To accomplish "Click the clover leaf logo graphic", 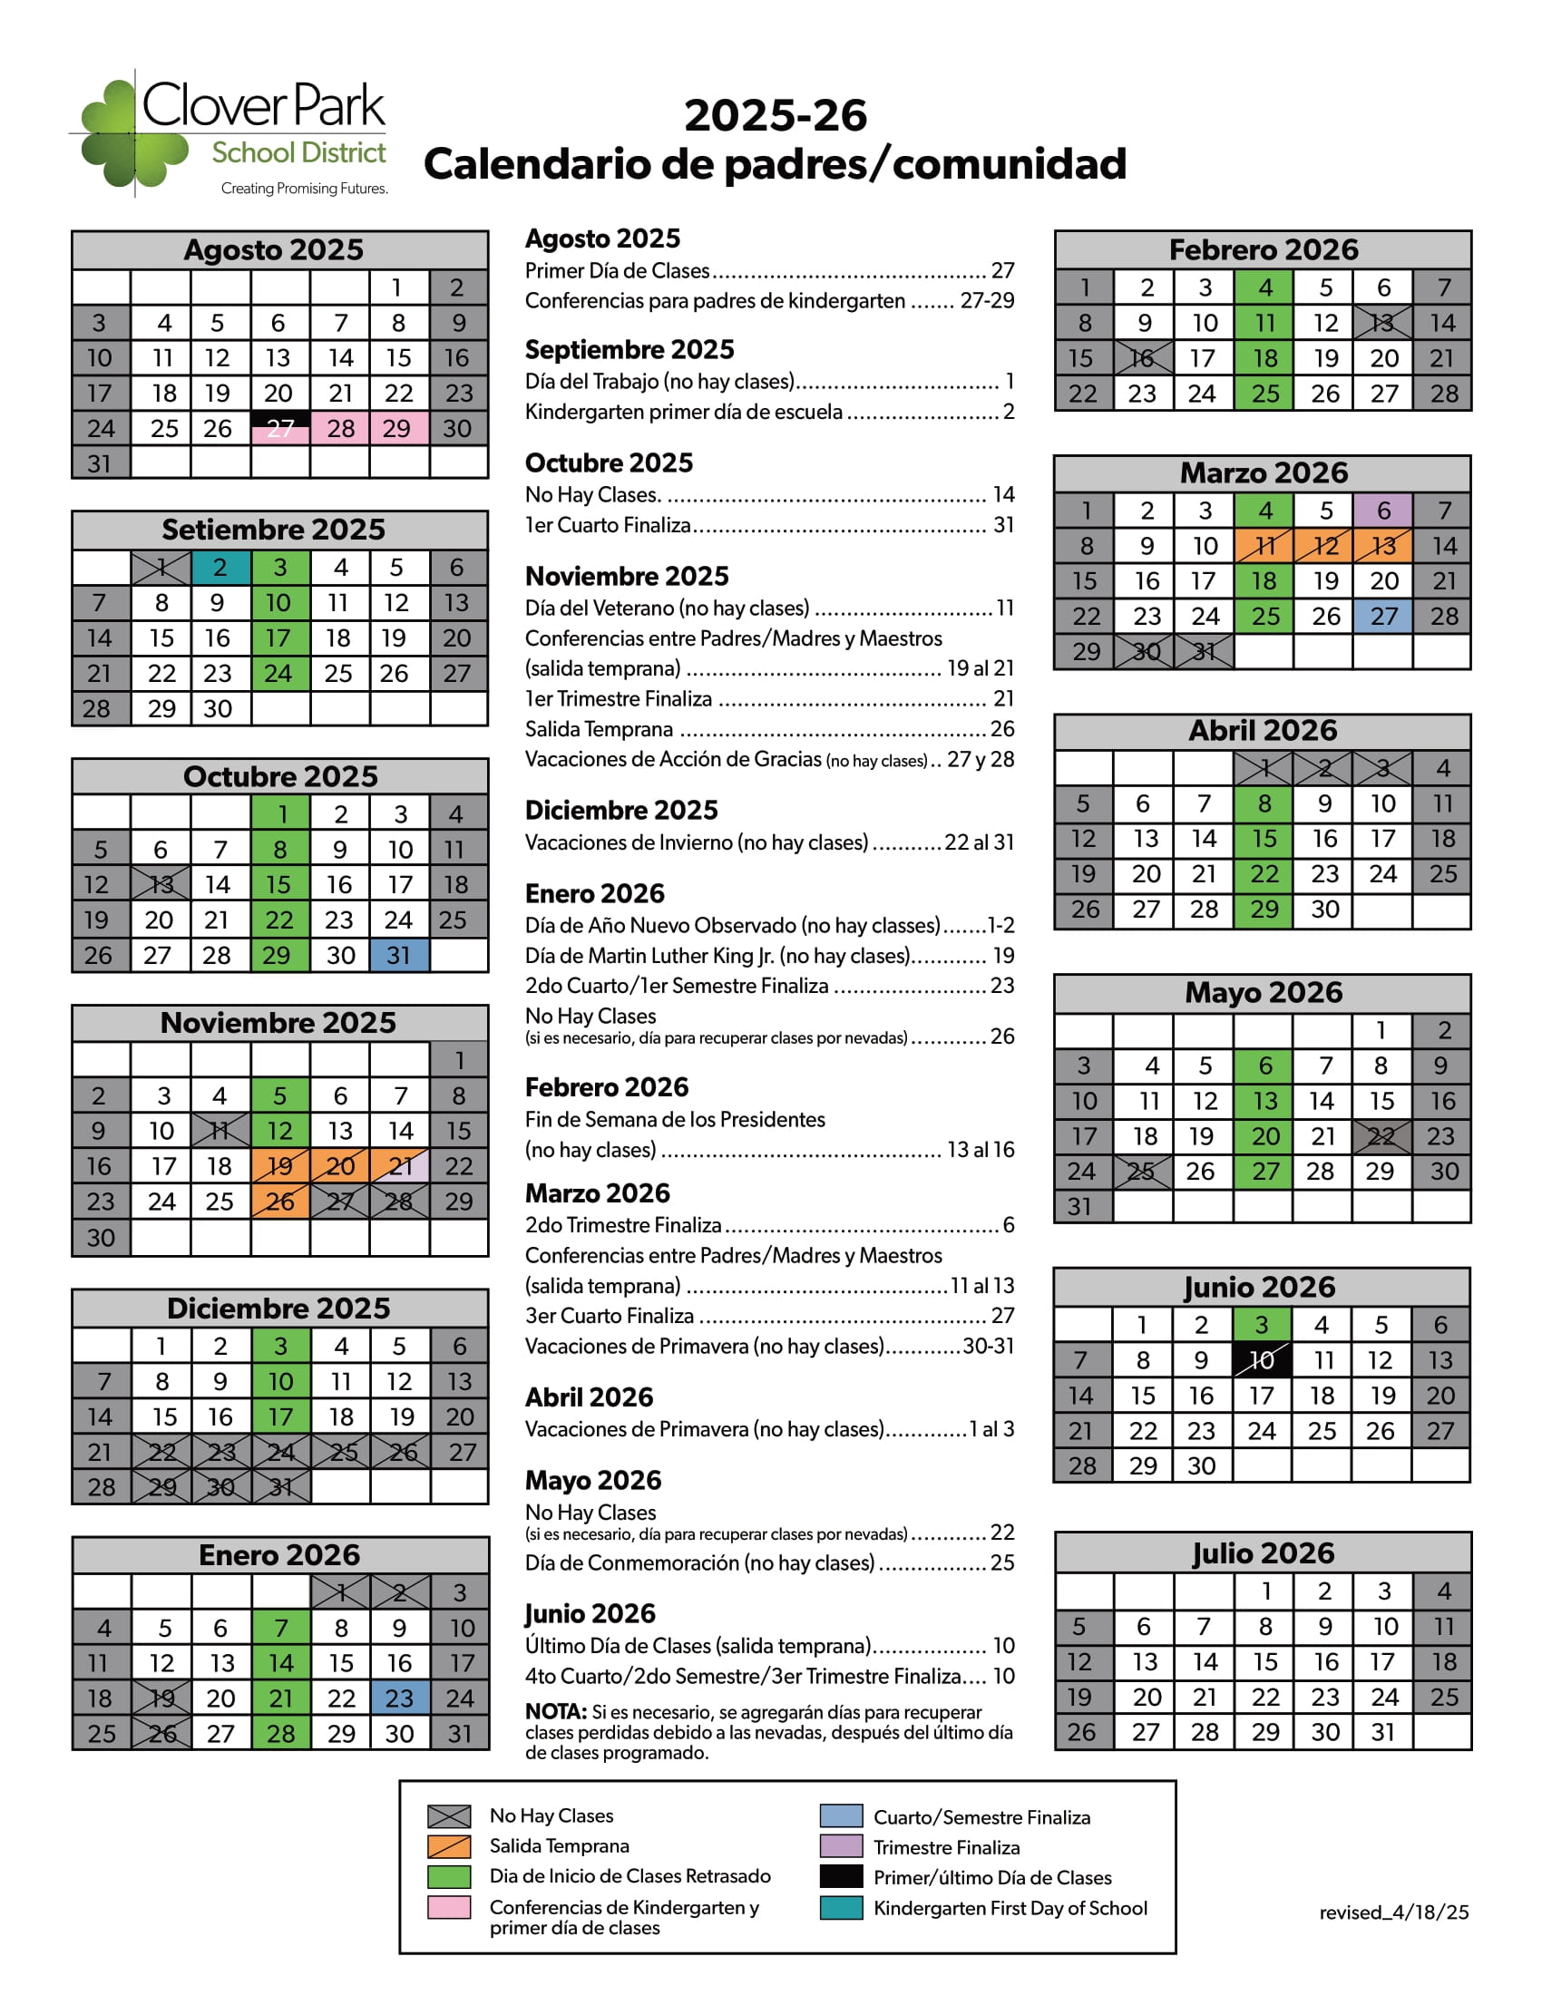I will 133,133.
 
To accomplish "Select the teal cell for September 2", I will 220,568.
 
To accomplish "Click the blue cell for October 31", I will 399,956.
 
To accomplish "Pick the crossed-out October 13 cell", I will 161,884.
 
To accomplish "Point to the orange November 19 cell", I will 279,1166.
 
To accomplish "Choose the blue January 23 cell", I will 399,1698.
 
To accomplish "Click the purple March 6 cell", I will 1382,511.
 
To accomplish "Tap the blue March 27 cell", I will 1382,617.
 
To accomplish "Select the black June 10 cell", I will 1262,1360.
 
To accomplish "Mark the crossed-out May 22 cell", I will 1381,1136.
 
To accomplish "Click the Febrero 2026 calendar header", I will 1263,249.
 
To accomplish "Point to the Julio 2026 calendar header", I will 1263,1552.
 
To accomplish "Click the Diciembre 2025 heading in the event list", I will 621,810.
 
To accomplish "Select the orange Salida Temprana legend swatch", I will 448,1846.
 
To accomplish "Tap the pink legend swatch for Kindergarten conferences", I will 448,1907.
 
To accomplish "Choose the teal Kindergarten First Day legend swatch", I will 841,1908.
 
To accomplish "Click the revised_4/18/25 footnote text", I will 1393,1912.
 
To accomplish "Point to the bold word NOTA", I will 555,1712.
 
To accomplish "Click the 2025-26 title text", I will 775,116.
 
